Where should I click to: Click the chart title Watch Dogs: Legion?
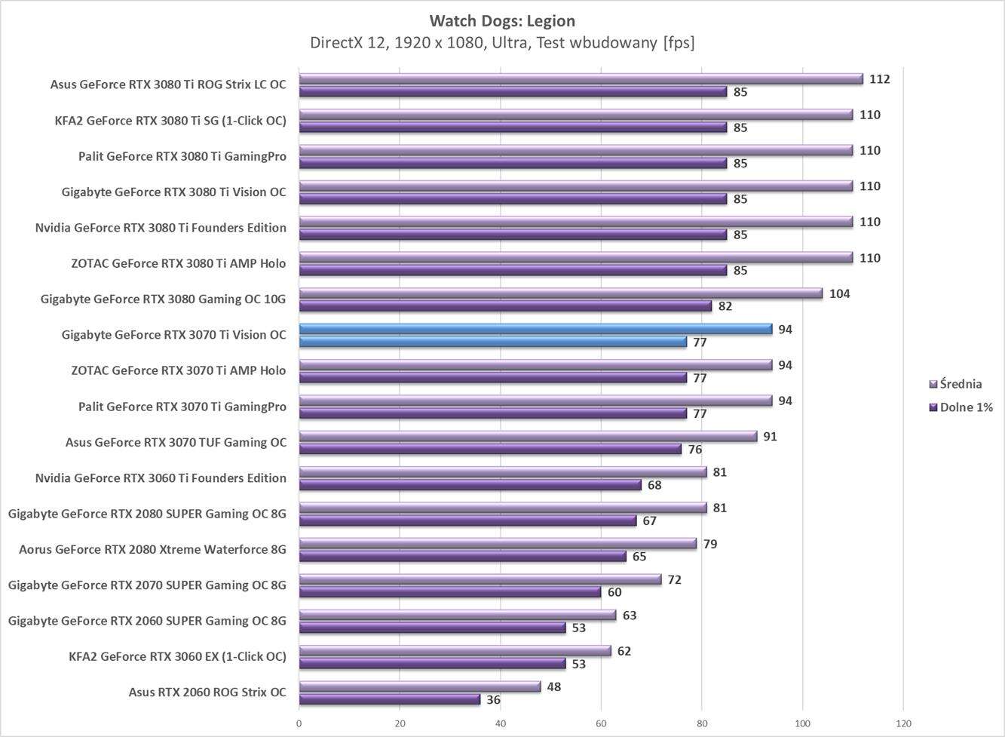[x=502, y=20]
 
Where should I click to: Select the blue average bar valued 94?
[x=535, y=329]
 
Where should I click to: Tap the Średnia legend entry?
[x=960, y=384]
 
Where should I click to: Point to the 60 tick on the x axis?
[x=601, y=723]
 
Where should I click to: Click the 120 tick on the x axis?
[x=903, y=723]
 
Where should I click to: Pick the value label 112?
[x=879, y=79]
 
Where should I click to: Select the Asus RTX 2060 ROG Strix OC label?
[x=207, y=692]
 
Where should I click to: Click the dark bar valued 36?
[x=389, y=700]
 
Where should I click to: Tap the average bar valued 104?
[x=560, y=293]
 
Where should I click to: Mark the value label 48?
[x=553, y=686]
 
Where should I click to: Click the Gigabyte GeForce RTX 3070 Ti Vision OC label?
[x=174, y=334]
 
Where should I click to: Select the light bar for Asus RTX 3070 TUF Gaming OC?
[x=528, y=436]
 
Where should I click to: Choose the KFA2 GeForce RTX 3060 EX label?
[x=177, y=656]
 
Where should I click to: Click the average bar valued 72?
[x=480, y=579]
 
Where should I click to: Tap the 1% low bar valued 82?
[x=505, y=306]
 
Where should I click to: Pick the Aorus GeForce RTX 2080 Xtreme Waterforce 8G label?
[x=153, y=549]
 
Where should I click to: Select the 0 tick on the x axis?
[x=299, y=723]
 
